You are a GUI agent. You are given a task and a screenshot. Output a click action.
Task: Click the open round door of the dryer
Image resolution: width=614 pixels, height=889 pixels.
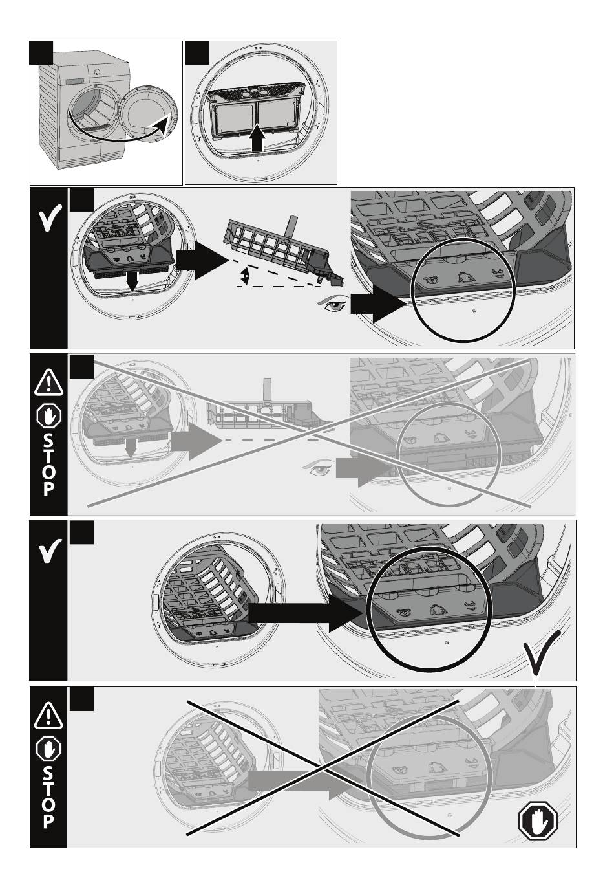[x=147, y=113]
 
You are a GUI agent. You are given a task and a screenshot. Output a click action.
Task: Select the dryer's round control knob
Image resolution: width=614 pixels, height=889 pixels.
[x=97, y=72]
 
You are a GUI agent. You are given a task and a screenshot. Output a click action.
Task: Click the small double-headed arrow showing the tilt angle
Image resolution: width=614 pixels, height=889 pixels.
[x=246, y=276]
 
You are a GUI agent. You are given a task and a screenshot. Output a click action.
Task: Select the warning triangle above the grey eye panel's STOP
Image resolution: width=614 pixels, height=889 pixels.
[x=48, y=382]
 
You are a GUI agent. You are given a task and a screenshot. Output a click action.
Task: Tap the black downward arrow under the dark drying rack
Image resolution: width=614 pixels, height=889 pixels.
[x=132, y=280]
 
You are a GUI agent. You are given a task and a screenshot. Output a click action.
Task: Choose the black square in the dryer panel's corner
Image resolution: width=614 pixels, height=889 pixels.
[x=41, y=53]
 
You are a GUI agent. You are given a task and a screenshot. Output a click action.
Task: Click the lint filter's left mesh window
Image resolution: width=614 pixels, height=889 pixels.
[x=235, y=117]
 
